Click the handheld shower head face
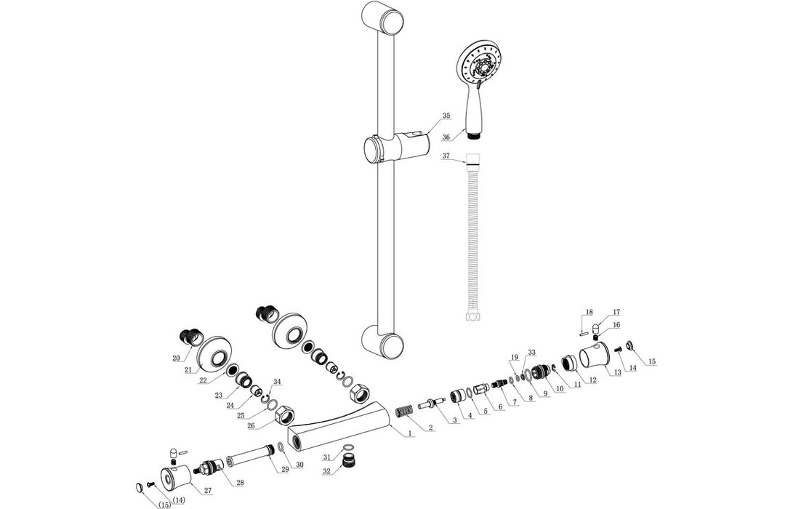point(480,63)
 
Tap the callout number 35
point(446,116)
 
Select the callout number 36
point(446,136)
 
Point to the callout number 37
point(446,156)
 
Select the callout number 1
point(410,434)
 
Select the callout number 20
point(176,357)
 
